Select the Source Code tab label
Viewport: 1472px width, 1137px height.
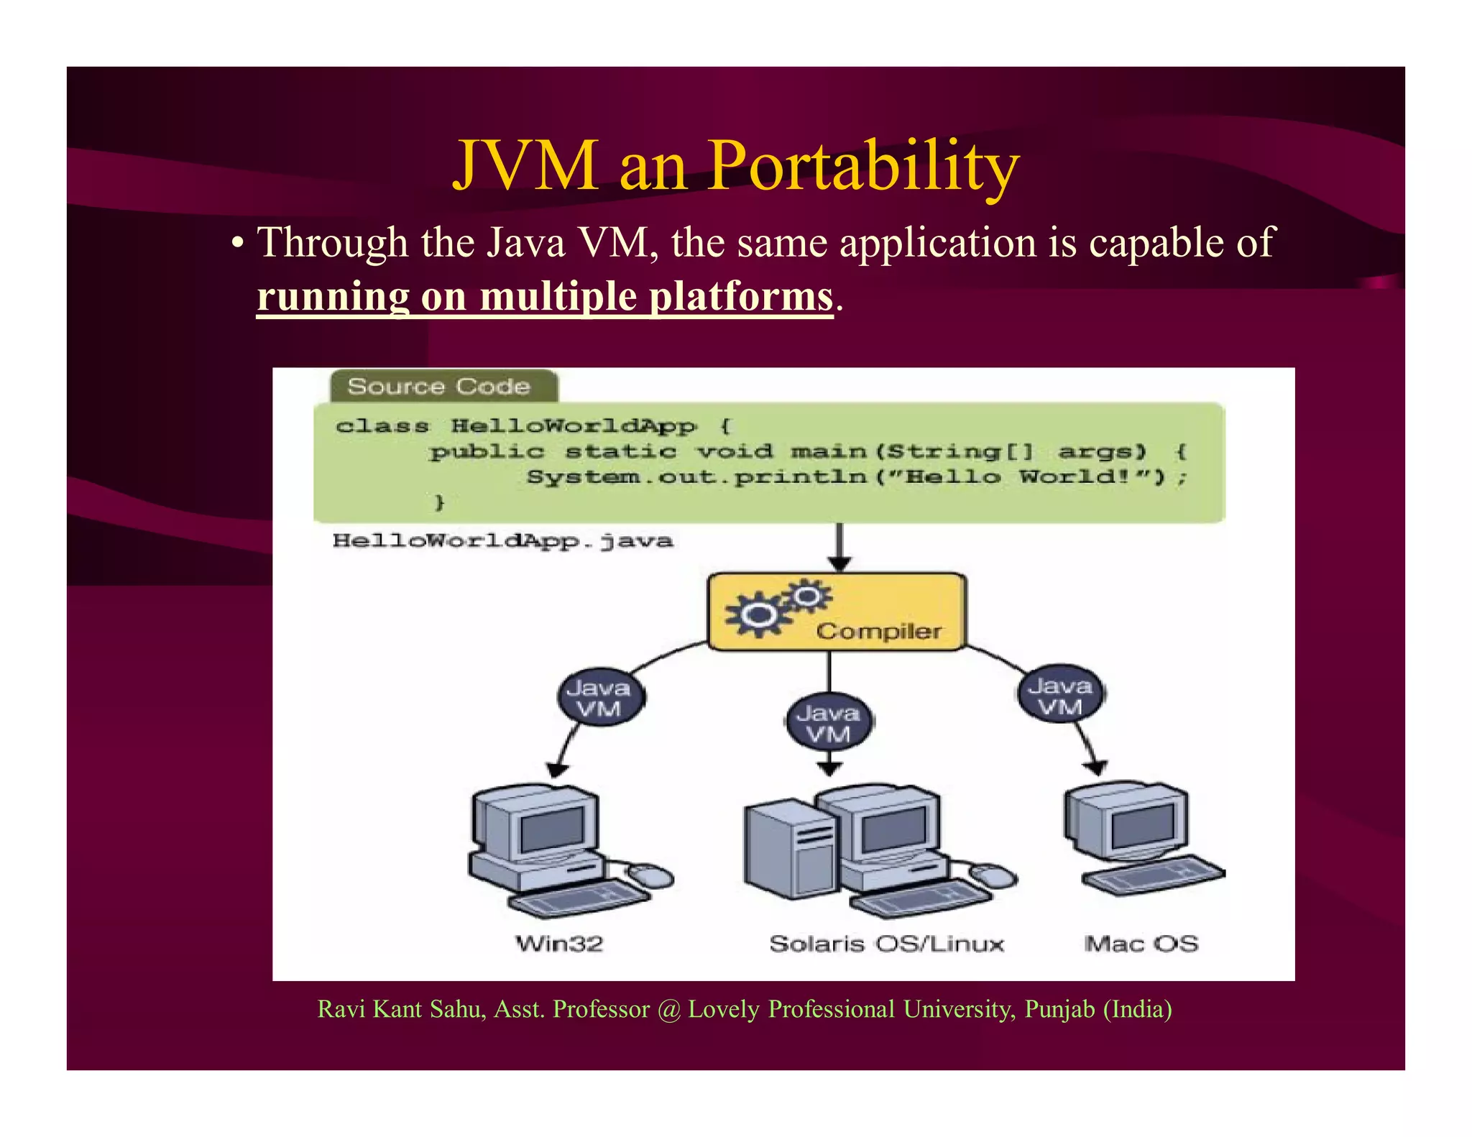[439, 386]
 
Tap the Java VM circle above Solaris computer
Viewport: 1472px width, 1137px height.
[828, 723]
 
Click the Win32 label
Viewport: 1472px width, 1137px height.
[559, 943]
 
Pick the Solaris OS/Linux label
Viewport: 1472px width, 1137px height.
[886, 943]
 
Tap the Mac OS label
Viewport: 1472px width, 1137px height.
[1141, 943]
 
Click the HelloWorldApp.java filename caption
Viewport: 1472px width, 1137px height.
[502, 540]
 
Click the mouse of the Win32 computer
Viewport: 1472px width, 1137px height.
[651, 875]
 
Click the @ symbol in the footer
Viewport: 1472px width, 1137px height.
[668, 1010]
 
